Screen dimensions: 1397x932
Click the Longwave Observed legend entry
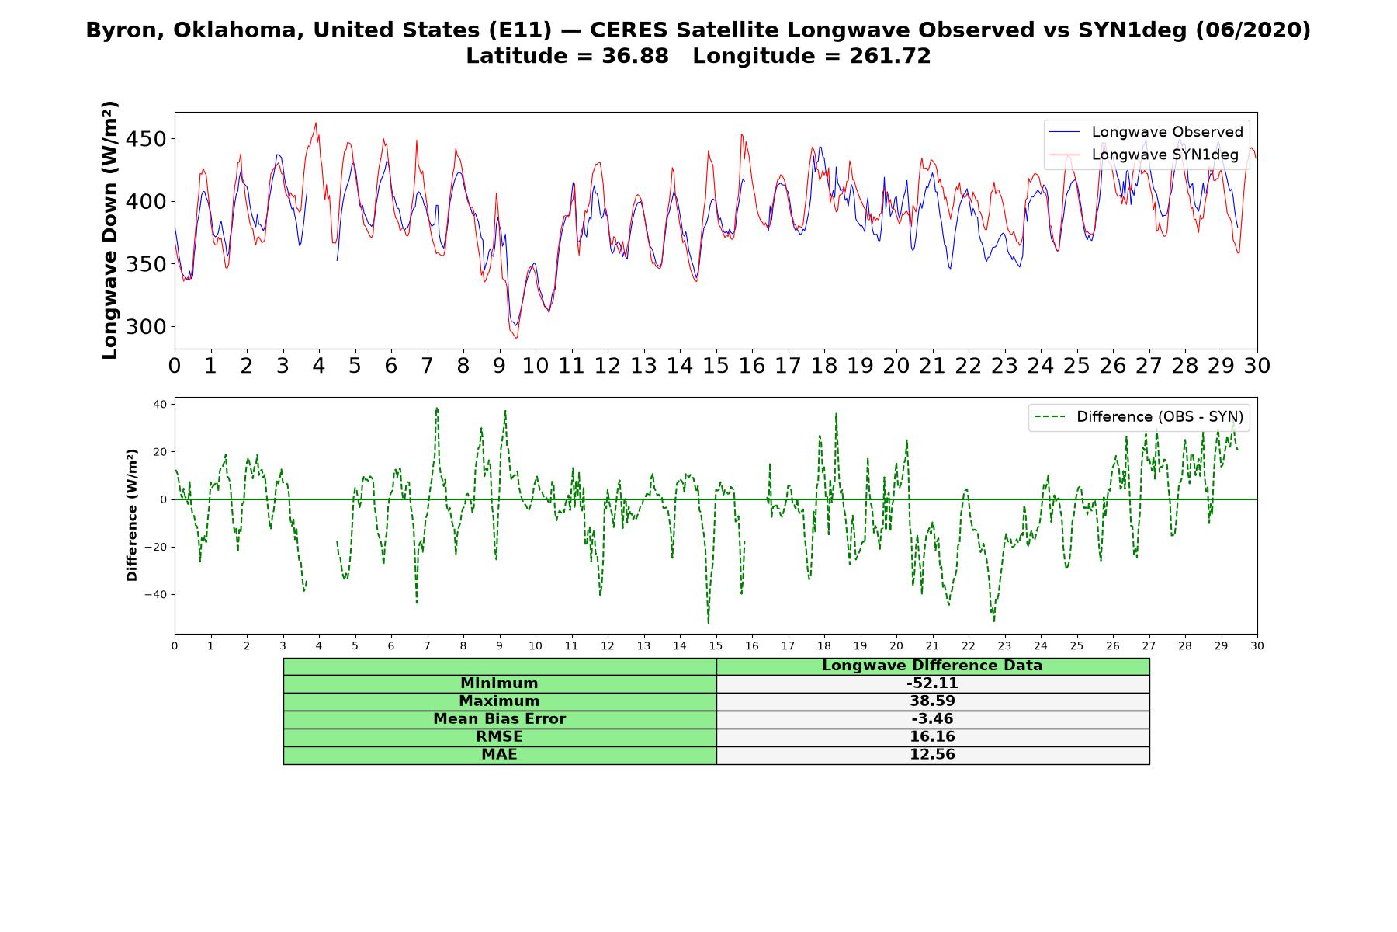(x=1146, y=132)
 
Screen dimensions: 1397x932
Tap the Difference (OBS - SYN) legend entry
(x=1139, y=417)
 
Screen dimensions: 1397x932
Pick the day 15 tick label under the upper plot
(x=716, y=365)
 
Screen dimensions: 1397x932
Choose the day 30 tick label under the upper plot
(x=1257, y=365)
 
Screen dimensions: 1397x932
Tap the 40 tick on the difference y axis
(x=160, y=404)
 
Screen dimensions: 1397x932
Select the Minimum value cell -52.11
(x=932, y=683)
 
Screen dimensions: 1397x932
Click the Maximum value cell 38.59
(x=932, y=701)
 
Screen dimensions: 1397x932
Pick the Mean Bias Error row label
(x=499, y=719)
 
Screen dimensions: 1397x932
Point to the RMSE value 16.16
(x=932, y=737)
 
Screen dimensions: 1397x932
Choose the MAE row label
(x=499, y=755)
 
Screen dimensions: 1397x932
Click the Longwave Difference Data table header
(x=932, y=666)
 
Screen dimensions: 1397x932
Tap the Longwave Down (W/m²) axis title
(x=109, y=230)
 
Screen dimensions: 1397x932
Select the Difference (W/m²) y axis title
(x=132, y=515)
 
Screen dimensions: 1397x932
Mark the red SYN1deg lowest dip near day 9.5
(x=516, y=338)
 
